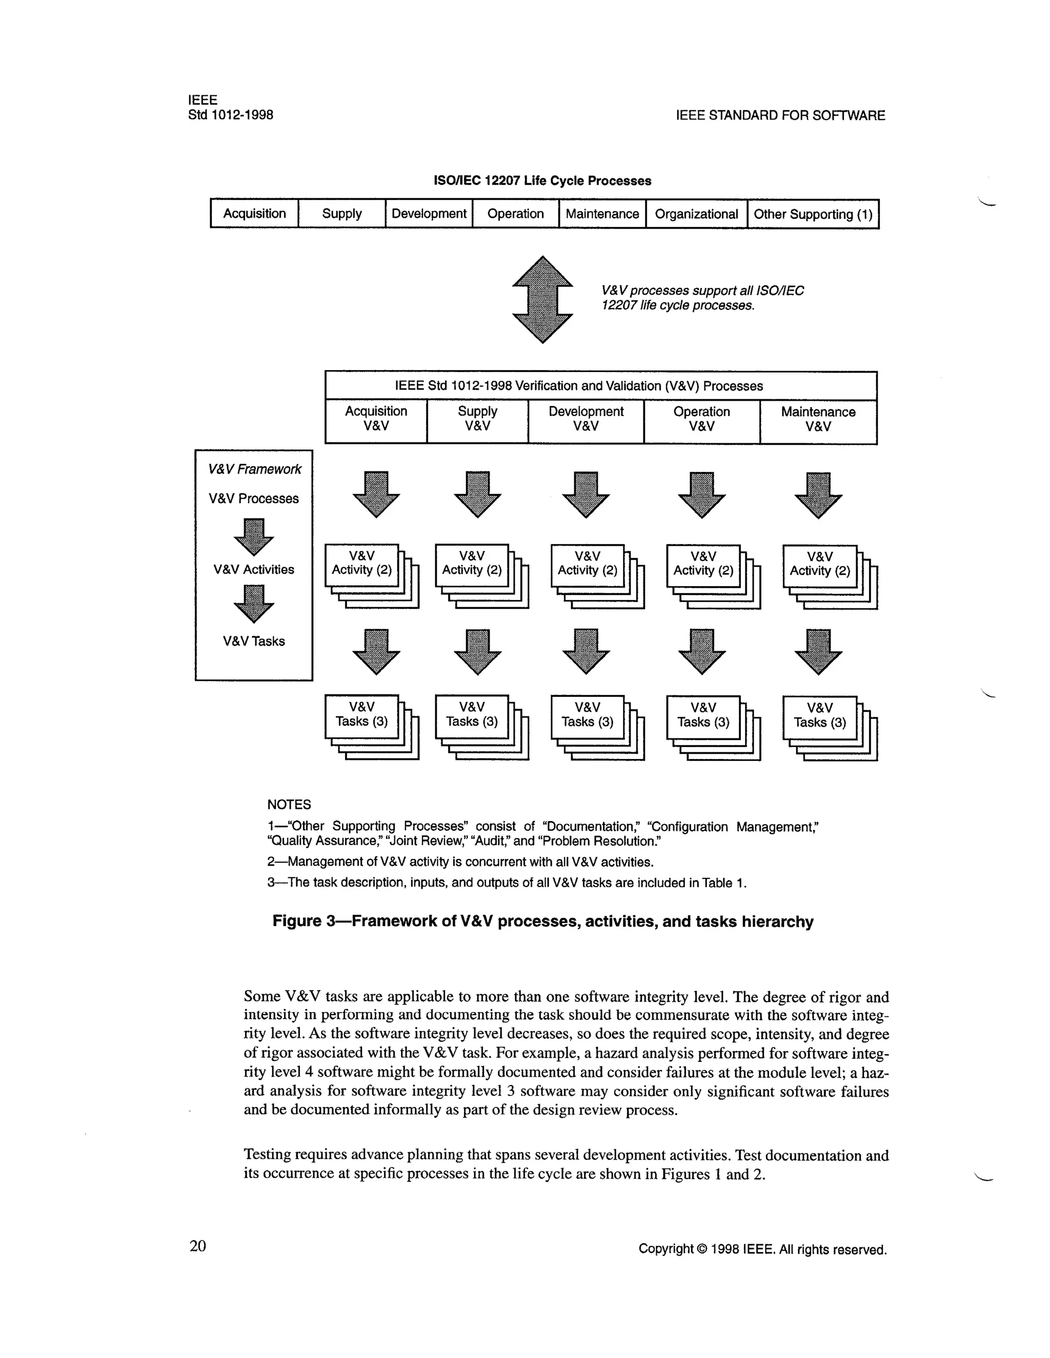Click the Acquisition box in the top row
point(254,213)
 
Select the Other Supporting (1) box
point(813,214)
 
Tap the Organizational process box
point(696,214)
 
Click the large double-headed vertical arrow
point(542,299)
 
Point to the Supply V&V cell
point(477,419)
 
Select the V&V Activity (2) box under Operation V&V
point(703,564)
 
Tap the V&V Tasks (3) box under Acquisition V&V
point(361,714)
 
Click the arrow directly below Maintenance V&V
point(818,495)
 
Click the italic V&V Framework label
point(254,469)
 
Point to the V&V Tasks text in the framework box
point(254,641)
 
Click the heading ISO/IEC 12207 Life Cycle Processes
point(542,181)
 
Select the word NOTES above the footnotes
point(289,805)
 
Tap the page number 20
point(198,1246)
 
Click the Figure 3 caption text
point(542,921)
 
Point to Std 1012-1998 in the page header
point(230,115)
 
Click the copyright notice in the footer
point(762,1249)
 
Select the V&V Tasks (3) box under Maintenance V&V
point(819,716)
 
